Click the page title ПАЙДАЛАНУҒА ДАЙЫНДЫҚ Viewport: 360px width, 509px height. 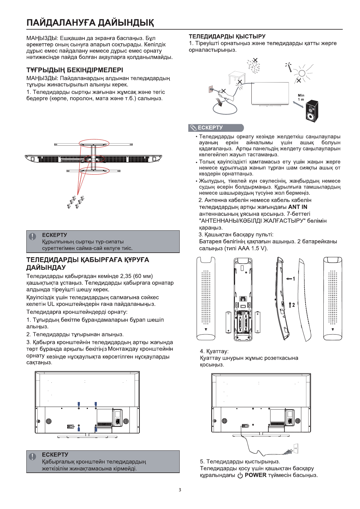(x=90, y=23)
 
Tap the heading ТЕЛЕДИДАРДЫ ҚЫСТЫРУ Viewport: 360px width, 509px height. (x=227, y=37)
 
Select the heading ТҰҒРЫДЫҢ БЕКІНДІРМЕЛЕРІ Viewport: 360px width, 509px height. (x=75, y=70)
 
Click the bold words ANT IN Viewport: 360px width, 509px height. (x=298, y=207)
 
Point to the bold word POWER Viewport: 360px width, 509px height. (x=255, y=475)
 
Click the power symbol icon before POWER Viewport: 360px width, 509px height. (x=240, y=475)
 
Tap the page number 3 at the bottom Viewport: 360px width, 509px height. (x=180, y=490)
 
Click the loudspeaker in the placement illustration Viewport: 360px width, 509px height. (x=312, y=111)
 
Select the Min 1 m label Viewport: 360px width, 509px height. (x=301, y=97)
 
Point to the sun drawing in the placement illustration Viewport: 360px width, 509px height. (x=302, y=73)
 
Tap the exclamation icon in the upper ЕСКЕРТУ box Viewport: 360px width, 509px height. (x=32, y=236)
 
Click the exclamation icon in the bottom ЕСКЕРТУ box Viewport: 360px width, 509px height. (x=32, y=456)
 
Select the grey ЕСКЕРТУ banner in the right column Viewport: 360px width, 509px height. (x=216, y=128)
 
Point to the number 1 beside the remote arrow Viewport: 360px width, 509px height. (x=293, y=279)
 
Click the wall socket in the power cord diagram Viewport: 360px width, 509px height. (x=296, y=449)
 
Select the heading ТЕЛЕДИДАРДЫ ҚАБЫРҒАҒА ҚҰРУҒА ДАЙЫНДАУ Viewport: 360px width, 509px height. (x=88, y=264)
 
